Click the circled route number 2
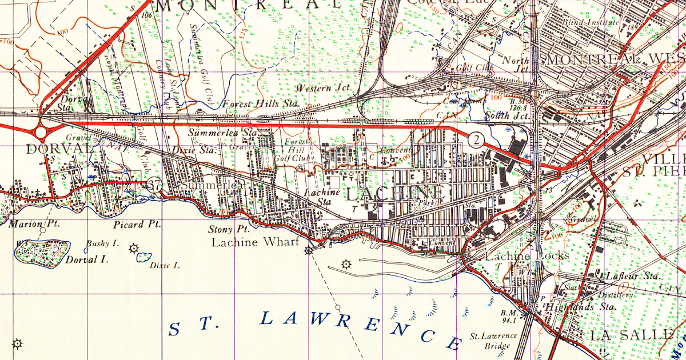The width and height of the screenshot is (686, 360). tap(475, 138)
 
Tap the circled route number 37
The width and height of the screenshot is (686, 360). tap(154, 184)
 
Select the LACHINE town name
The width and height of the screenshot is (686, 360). tap(395, 193)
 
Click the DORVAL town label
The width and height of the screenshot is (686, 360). tap(58, 149)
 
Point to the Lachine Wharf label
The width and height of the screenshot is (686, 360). tap(256, 242)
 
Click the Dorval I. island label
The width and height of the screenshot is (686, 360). tap(86, 259)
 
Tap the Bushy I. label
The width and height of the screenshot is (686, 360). tap(102, 243)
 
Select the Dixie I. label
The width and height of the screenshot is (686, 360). tap(164, 265)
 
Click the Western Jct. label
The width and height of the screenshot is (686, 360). tap(321, 89)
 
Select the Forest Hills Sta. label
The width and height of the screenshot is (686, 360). tap(261, 104)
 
